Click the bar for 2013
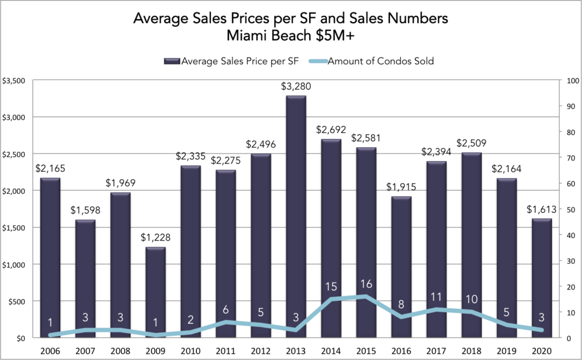pyautogui.click(x=296, y=216)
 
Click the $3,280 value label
pyautogui.click(x=296, y=87)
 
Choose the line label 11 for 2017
pyautogui.click(x=436, y=297)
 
